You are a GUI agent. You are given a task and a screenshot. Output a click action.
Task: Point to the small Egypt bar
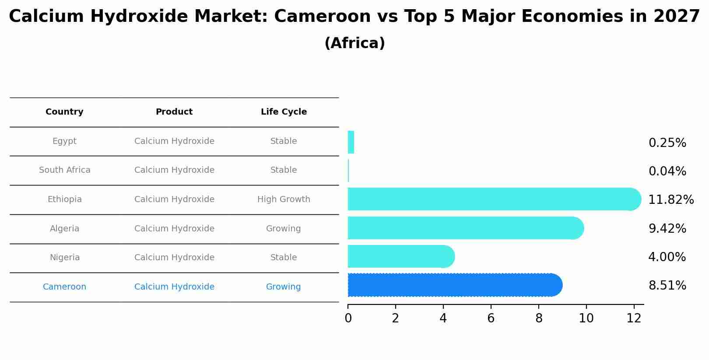pyautogui.click(x=351, y=142)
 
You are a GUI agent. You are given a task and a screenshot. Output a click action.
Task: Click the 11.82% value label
pyautogui.click(x=670, y=200)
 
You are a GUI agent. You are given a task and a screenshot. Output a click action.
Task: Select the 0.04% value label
pyautogui.click(x=667, y=171)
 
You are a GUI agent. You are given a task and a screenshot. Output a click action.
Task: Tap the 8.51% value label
pyautogui.click(x=667, y=286)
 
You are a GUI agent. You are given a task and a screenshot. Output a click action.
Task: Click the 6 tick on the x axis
pyautogui.click(x=491, y=318)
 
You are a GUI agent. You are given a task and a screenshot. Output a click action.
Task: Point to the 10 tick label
pyautogui.click(x=586, y=318)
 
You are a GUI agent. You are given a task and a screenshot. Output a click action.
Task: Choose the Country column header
pyautogui.click(x=64, y=112)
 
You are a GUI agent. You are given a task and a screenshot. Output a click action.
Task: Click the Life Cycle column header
pyautogui.click(x=284, y=112)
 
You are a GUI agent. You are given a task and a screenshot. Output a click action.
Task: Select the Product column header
pyautogui.click(x=174, y=112)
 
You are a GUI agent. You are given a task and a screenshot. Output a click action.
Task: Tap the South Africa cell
pyautogui.click(x=65, y=170)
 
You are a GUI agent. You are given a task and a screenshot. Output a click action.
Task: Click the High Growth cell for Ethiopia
pyautogui.click(x=284, y=199)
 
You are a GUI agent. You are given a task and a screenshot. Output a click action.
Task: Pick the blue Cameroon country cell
pyautogui.click(x=64, y=287)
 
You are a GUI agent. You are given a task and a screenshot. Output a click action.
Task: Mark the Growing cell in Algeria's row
pyautogui.click(x=284, y=229)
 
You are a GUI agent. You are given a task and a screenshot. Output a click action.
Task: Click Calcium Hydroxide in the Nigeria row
pyautogui.click(x=174, y=258)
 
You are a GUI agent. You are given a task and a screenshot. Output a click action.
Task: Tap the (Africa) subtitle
pyautogui.click(x=354, y=43)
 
